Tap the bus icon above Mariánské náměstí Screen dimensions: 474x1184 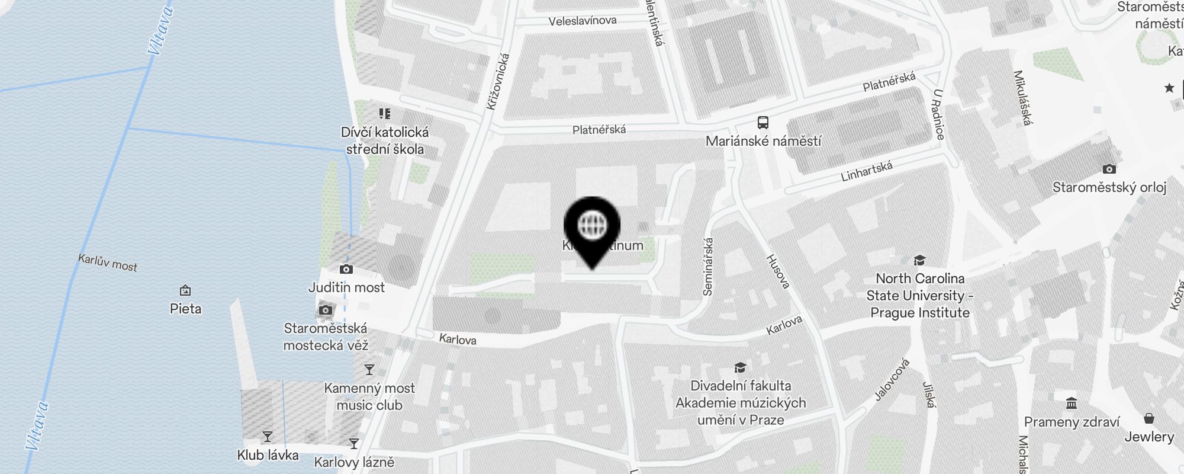click(763, 123)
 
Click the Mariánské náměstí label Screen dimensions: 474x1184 click(763, 141)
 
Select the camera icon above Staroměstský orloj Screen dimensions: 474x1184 click(1109, 169)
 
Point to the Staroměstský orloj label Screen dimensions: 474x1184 click(1109, 187)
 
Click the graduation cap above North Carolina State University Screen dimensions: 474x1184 click(919, 260)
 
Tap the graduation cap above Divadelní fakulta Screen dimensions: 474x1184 click(740, 367)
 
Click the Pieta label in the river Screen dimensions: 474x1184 click(185, 309)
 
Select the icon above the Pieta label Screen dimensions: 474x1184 click(185, 290)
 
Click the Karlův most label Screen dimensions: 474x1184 click(108, 262)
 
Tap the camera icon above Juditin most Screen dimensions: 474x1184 click(346, 270)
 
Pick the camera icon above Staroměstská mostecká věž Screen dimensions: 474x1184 click(325, 310)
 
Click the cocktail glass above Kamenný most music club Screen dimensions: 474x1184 click(369, 370)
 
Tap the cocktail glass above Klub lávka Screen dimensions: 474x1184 click(268, 437)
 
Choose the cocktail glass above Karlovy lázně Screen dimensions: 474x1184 click(354, 443)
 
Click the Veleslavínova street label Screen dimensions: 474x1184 click(582, 21)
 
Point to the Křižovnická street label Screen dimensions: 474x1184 click(498, 82)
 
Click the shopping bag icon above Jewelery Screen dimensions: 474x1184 click(1148, 419)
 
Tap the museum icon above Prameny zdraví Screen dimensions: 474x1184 click(1071, 403)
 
